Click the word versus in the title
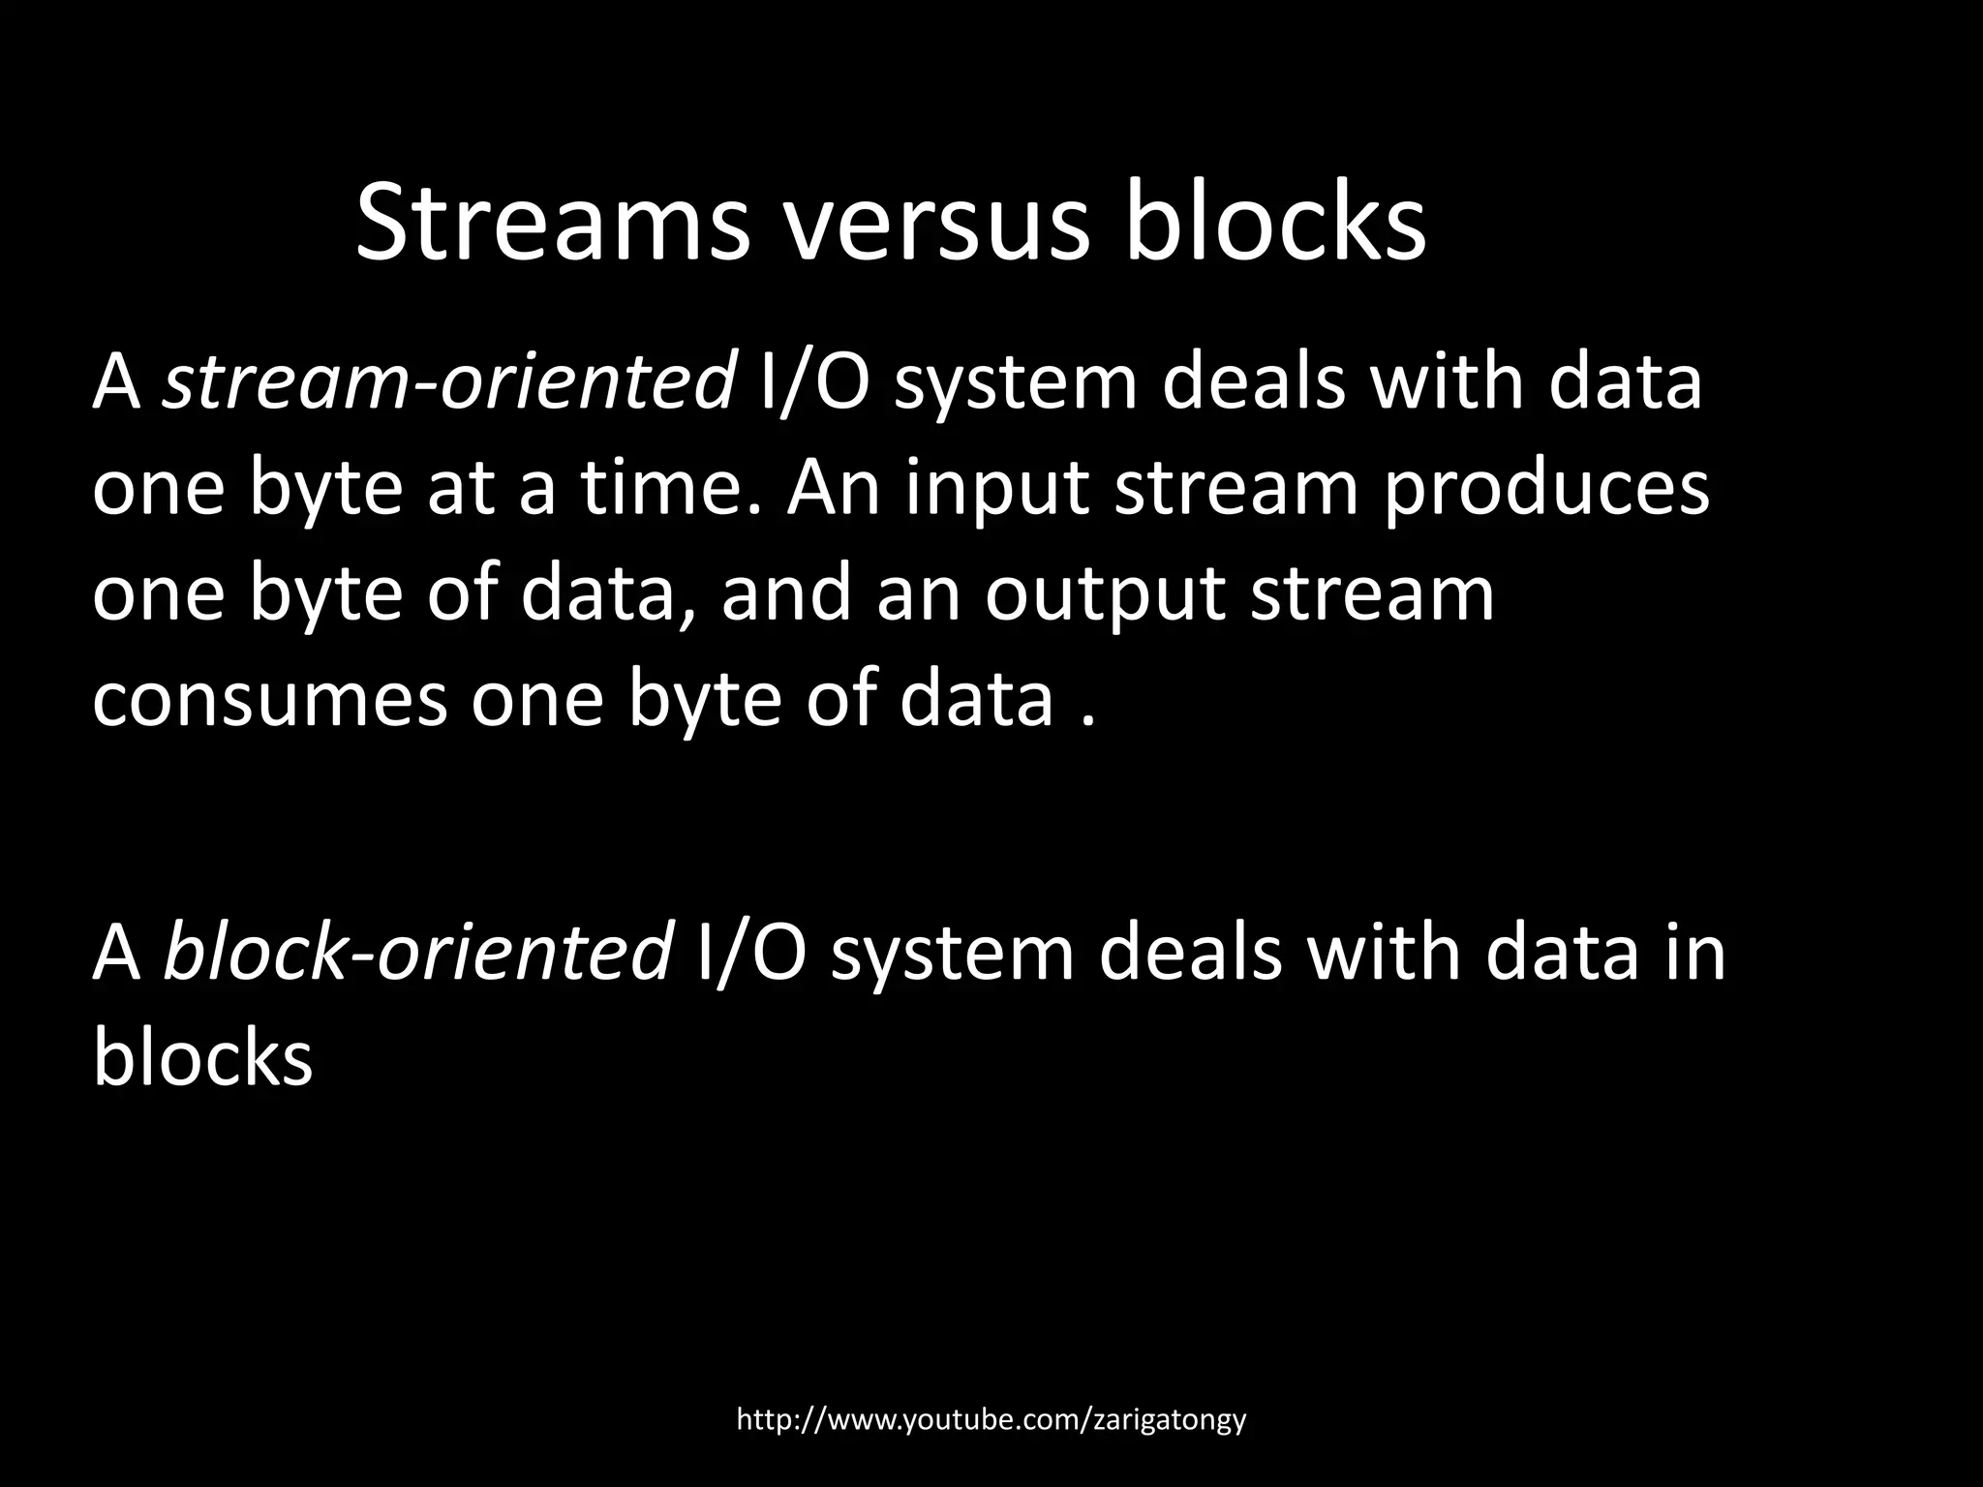tap(937, 226)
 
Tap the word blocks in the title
tap(1275, 226)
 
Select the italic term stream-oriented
tap(448, 381)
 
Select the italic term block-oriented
tap(417, 953)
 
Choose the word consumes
tap(270, 699)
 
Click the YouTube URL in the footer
tap(991, 1420)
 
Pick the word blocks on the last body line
tap(203, 1057)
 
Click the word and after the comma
tap(789, 593)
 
